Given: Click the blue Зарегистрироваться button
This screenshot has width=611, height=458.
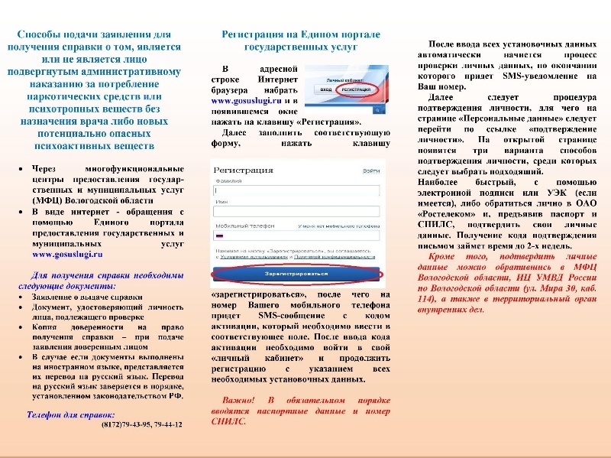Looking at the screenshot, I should [x=297, y=272].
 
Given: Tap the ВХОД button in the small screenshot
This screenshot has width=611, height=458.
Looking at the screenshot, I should [x=325, y=89].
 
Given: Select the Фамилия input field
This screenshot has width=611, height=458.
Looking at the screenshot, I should [x=297, y=191].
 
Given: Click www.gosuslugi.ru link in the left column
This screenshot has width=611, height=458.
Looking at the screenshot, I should [x=67, y=254].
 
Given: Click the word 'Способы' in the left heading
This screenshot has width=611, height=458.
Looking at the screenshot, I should [x=46, y=35].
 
